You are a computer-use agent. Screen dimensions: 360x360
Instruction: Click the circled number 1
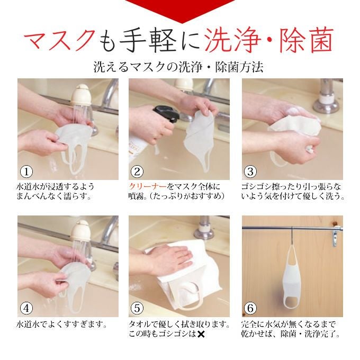click(x=26, y=172)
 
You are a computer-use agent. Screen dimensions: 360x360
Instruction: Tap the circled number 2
click(x=137, y=172)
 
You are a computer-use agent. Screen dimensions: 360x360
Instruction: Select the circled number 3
click(x=250, y=172)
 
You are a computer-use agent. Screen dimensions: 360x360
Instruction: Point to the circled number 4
click(x=26, y=308)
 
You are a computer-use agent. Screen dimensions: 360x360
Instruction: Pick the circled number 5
click(x=137, y=308)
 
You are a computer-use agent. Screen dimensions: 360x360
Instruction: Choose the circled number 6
click(x=250, y=308)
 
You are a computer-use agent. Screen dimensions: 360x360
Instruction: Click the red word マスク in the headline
click(x=60, y=41)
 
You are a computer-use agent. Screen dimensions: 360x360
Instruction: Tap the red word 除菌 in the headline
click(x=307, y=41)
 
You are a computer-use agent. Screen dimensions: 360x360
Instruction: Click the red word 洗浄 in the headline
click(x=232, y=41)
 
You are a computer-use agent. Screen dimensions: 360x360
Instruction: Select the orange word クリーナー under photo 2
click(x=147, y=186)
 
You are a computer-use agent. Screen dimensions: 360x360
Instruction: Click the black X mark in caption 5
click(x=201, y=334)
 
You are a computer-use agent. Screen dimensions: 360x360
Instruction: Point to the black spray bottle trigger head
click(x=166, y=114)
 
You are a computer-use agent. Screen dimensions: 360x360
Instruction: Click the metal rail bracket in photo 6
click(x=336, y=236)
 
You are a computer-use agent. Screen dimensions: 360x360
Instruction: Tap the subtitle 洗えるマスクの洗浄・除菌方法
click(x=178, y=67)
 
